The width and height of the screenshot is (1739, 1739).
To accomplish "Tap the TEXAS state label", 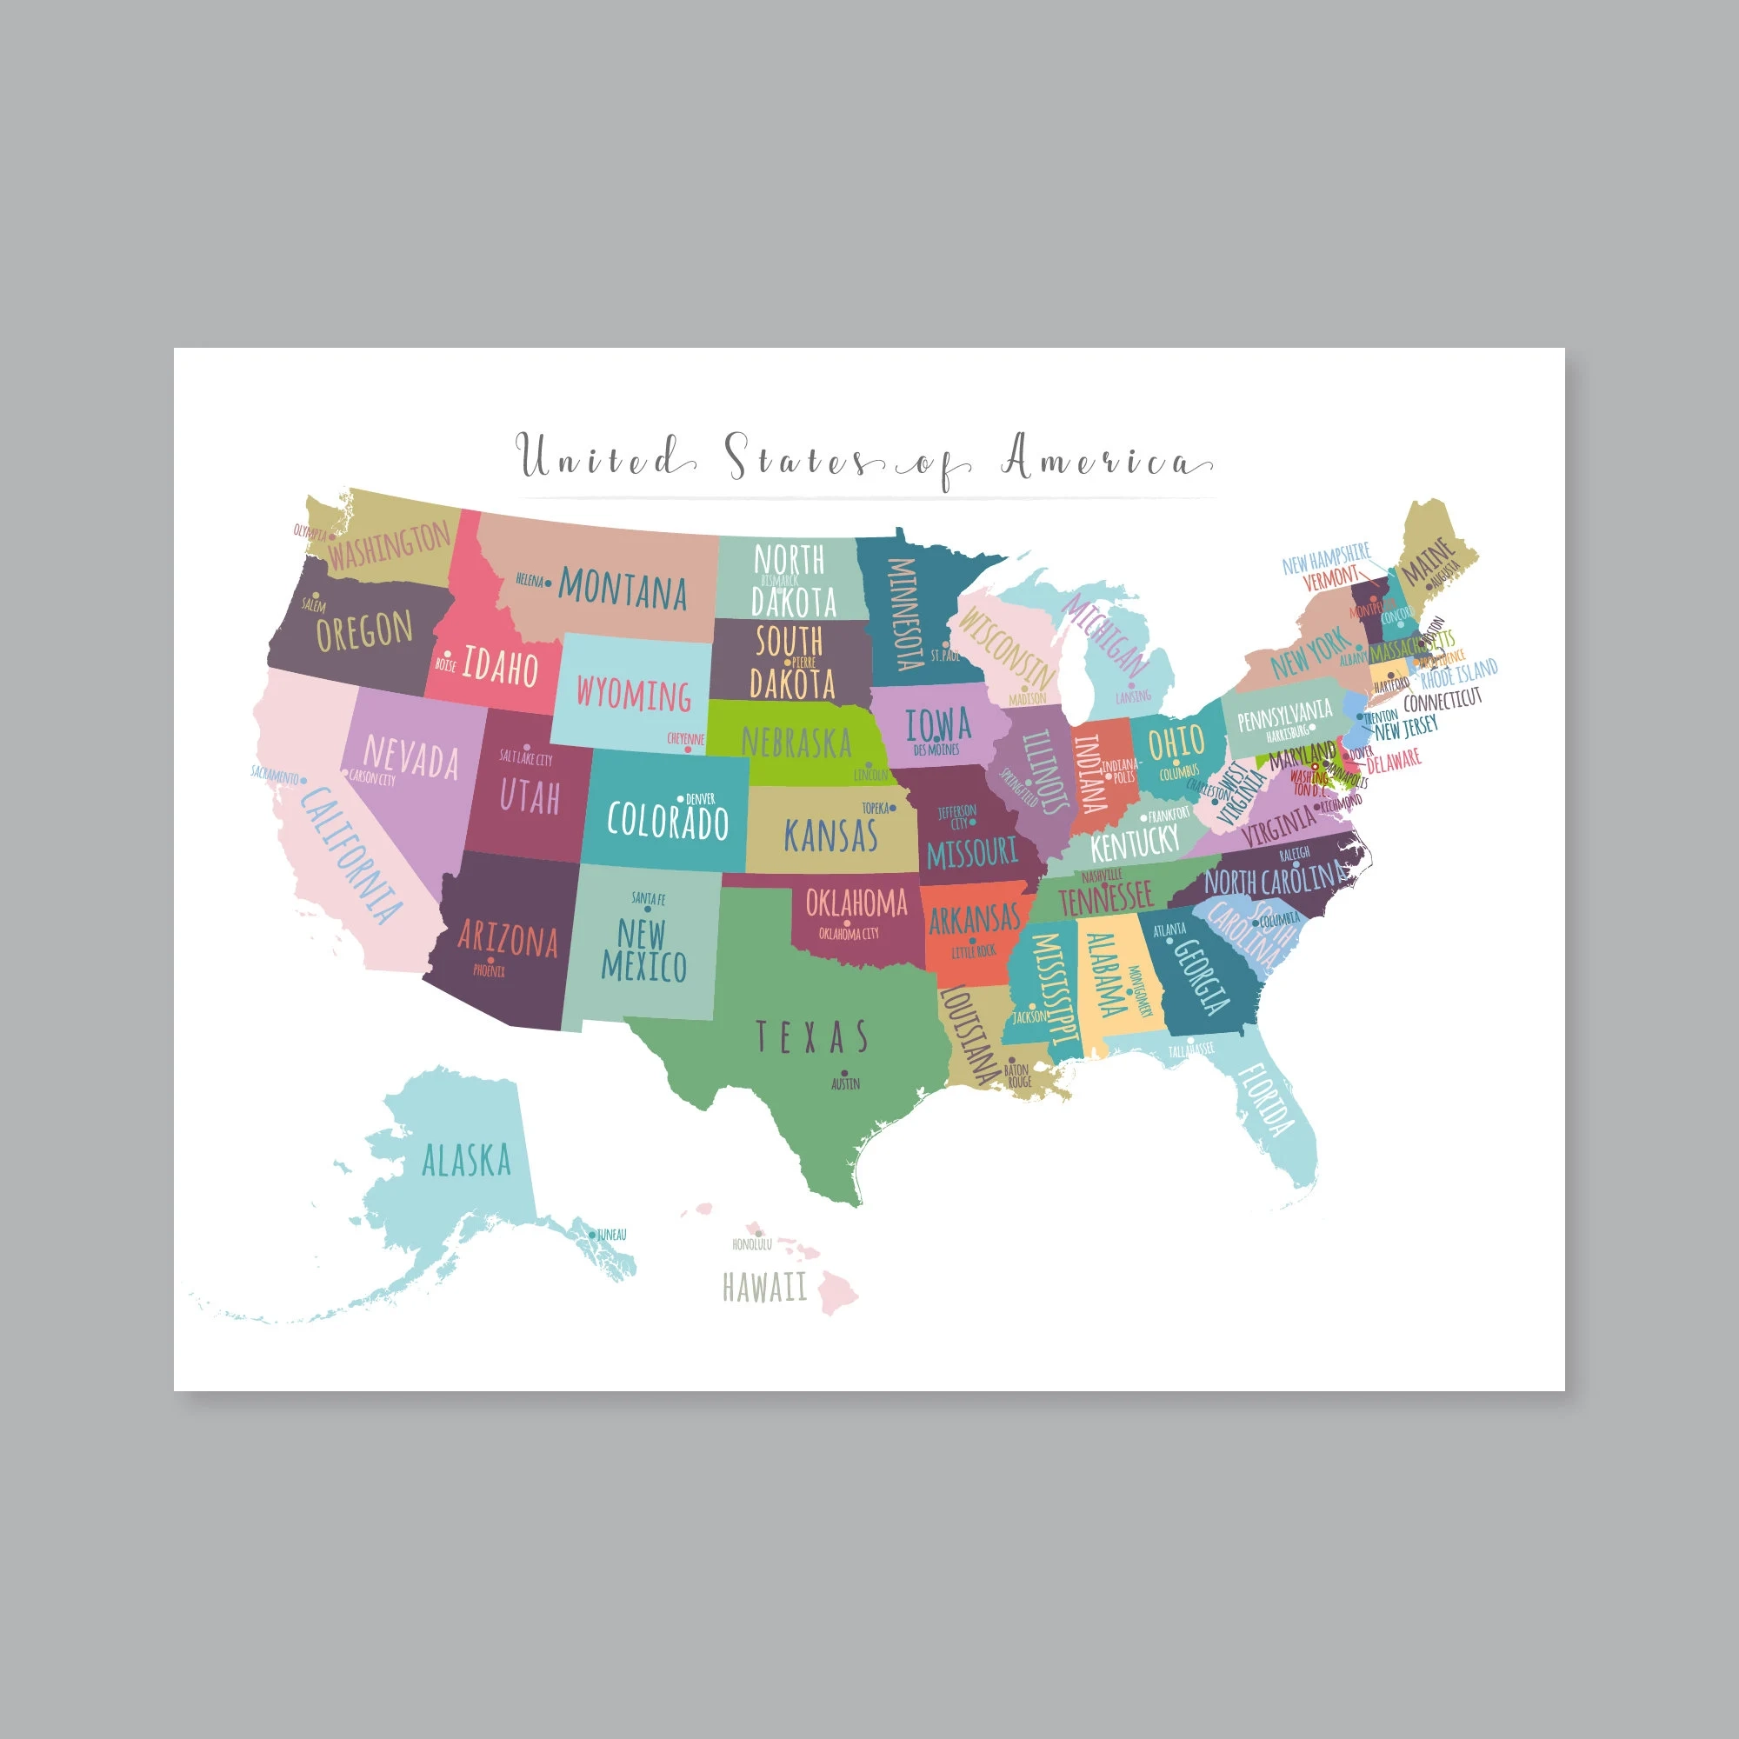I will [811, 1038].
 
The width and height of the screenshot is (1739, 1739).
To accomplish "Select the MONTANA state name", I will [623, 590].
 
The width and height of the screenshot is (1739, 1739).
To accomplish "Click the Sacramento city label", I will [275, 773].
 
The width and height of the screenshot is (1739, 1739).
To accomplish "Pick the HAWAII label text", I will [765, 1288].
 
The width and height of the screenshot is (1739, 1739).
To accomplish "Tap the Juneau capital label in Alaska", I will [611, 1235].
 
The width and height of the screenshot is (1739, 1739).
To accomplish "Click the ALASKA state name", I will [466, 1161].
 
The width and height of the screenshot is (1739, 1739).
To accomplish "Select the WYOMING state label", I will [634, 694].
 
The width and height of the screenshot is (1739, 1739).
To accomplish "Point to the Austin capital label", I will [845, 1083].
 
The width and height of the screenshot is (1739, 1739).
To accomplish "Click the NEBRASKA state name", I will [796, 743].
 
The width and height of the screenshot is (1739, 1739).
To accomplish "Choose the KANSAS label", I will [830, 836].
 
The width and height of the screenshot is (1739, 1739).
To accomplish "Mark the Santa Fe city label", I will [648, 898].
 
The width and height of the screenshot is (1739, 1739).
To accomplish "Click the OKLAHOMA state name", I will [856, 902].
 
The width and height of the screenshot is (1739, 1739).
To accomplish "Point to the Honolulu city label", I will [751, 1245].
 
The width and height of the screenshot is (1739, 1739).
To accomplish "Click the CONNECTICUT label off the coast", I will [1442, 698].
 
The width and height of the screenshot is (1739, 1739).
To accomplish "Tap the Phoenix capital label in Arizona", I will [490, 971].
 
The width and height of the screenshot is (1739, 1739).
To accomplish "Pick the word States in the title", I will [796, 458].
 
